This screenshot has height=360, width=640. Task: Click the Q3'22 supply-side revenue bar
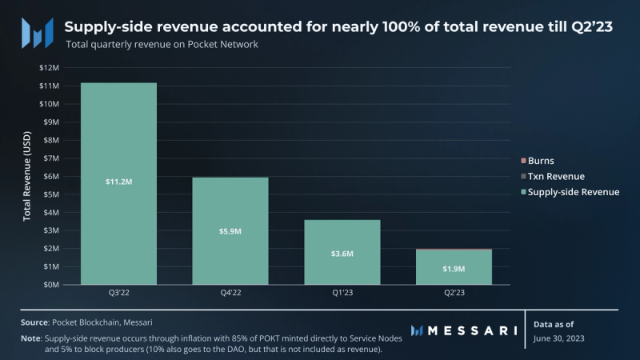118,144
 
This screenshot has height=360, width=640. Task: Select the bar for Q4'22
230,208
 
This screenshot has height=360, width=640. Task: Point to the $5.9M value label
230,231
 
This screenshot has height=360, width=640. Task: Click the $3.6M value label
342,253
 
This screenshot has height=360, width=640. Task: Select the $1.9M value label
454,268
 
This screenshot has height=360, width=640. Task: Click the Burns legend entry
541,160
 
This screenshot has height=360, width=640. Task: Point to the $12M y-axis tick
49,68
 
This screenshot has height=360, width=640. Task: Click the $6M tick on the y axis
50,176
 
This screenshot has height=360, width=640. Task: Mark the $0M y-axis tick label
50,284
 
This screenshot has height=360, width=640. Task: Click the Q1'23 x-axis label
342,294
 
